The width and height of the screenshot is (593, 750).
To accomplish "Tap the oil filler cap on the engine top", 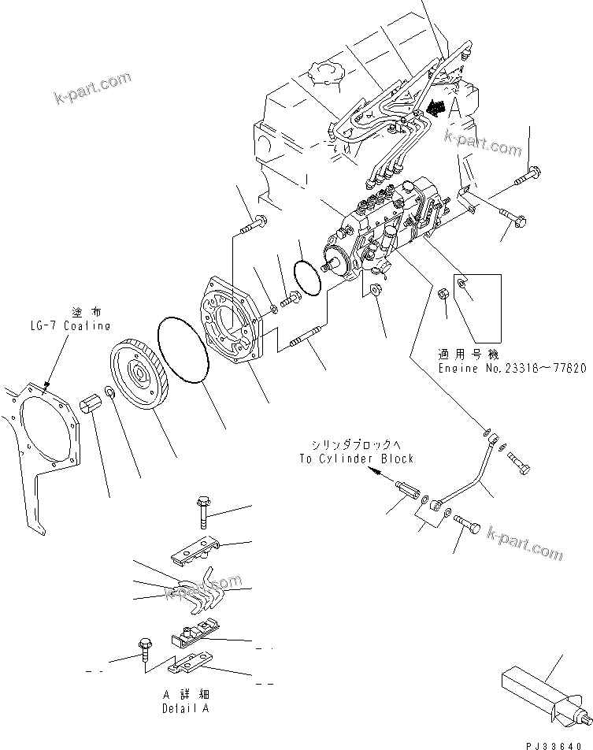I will coord(328,76).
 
